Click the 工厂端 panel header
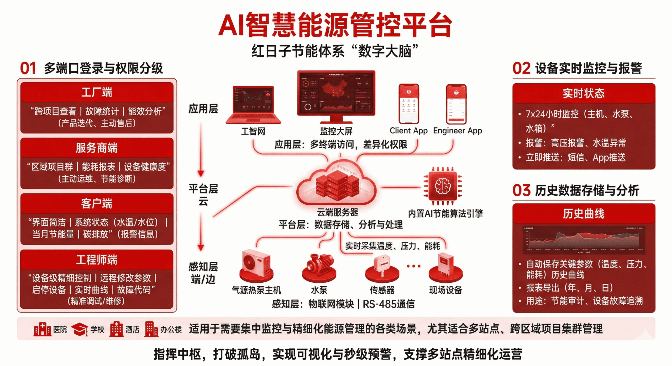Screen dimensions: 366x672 coord(97,92)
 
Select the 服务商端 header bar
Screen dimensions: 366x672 coord(97,148)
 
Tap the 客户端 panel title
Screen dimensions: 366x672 coord(97,204)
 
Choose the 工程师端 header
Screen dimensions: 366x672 coord(97,260)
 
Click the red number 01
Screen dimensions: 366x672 coord(28,68)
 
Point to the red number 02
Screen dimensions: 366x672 coord(521,68)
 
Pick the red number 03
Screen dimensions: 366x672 coord(521,190)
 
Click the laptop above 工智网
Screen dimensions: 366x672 coord(253,105)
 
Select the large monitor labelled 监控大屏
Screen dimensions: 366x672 coord(336,94)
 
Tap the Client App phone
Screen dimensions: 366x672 coord(409,104)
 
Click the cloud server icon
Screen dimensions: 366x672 coord(337,184)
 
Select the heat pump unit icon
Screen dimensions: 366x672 coord(256,265)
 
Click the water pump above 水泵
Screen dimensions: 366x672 coord(319,266)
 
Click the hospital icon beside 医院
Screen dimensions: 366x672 coord(42,329)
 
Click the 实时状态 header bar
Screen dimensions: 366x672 coord(584,93)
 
